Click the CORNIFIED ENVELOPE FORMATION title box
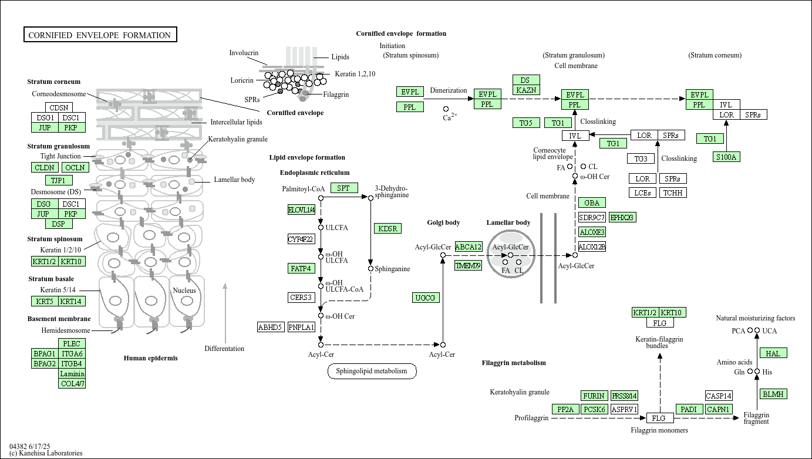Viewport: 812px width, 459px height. pos(100,35)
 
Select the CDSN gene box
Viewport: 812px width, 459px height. pos(59,107)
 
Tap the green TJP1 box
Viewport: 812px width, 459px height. pos(59,180)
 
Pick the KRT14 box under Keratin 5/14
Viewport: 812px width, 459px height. pos(72,302)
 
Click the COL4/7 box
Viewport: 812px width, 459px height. pos(72,384)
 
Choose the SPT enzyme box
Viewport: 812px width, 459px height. pos(344,188)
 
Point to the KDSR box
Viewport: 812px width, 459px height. pos(388,228)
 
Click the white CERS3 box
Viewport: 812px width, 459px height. pos(301,298)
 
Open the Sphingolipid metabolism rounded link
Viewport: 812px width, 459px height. pos(372,371)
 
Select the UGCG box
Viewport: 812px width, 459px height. pos(426,298)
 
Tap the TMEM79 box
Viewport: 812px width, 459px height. pos(469,265)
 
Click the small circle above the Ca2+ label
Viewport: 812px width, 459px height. pos(446,109)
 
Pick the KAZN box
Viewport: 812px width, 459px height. pos(526,90)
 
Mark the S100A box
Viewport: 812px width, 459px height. pos(726,157)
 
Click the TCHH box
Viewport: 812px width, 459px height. pos(673,193)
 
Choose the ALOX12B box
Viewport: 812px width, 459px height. pos(592,247)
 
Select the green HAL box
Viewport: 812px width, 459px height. pos(773,353)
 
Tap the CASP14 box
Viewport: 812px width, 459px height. pos(719,396)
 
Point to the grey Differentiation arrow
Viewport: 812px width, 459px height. pos(225,313)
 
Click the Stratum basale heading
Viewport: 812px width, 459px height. pos(51,279)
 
